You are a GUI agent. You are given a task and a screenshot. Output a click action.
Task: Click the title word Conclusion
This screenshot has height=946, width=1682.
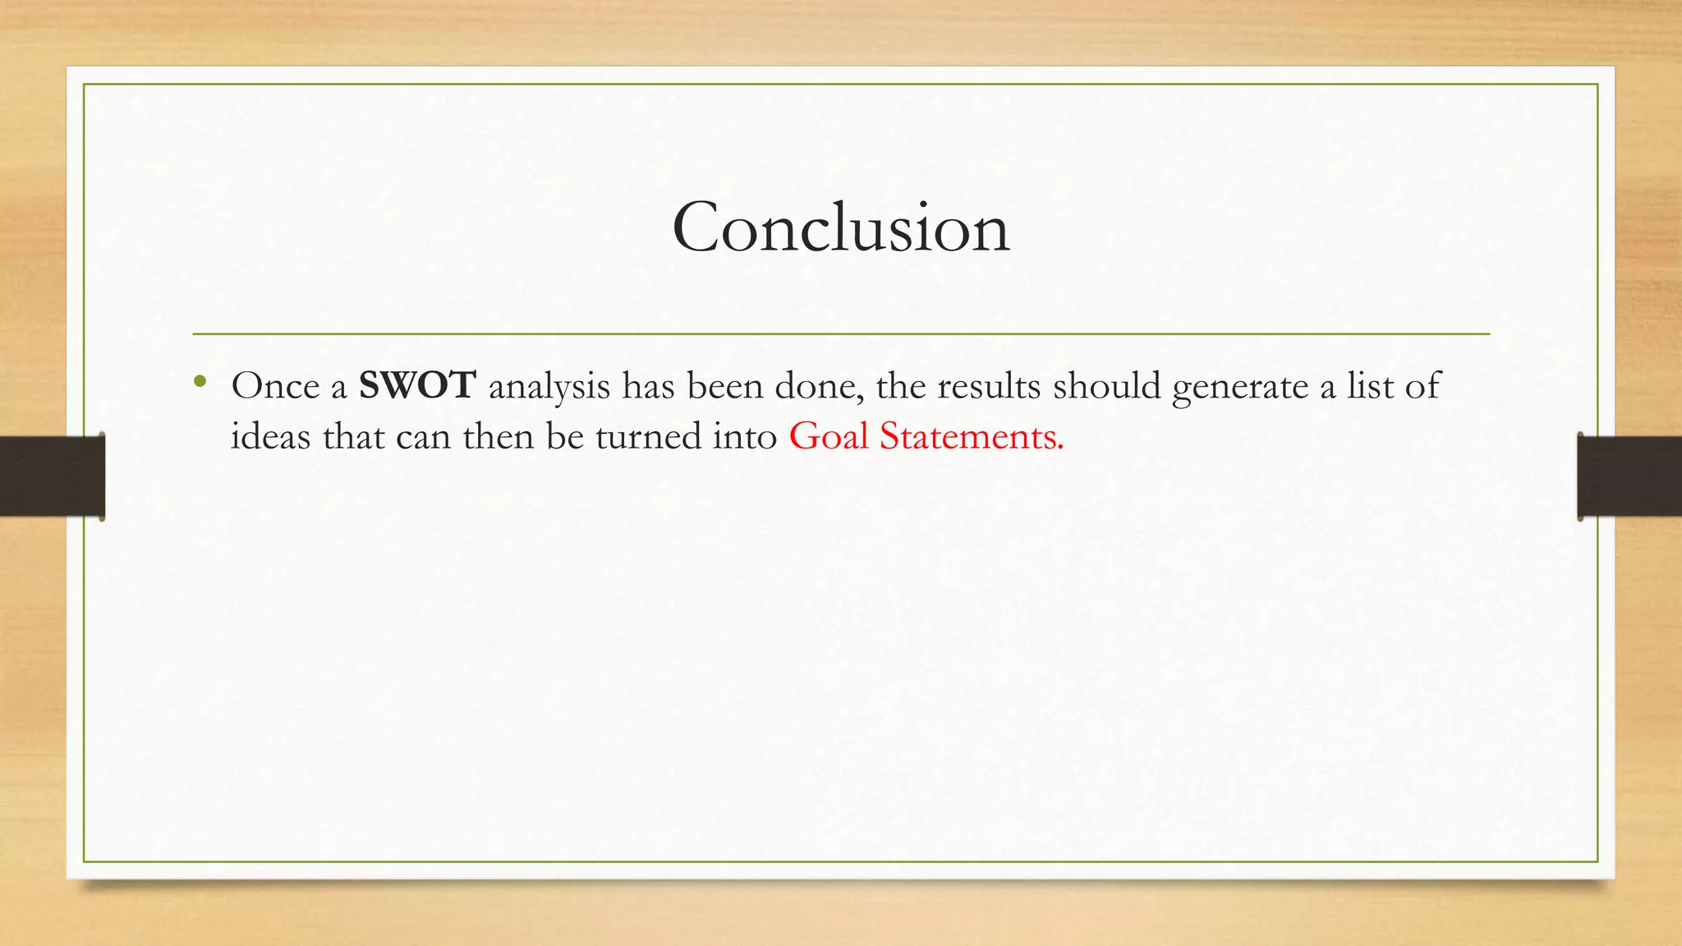point(840,228)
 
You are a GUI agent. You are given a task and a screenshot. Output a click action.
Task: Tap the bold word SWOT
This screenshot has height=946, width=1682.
point(417,386)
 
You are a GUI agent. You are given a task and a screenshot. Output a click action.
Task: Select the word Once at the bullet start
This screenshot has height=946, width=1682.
point(275,386)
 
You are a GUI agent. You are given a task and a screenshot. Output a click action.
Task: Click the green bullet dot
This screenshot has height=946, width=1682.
point(199,380)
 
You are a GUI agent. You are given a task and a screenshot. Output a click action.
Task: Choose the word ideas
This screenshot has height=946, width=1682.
point(270,436)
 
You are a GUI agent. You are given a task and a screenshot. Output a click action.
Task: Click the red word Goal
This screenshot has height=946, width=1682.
point(828,436)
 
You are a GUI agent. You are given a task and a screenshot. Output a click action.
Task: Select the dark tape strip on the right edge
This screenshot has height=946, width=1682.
point(1629,476)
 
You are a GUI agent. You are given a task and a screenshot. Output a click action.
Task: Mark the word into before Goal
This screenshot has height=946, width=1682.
point(744,436)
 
